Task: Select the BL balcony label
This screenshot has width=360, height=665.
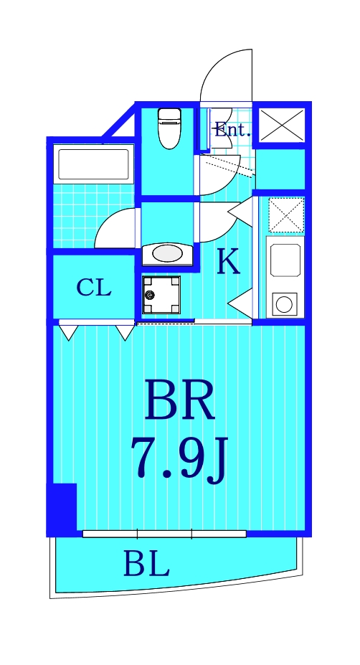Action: [x=146, y=565]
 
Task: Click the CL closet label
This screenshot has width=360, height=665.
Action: [x=94, y=288]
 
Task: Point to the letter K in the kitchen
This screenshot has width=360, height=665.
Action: [x=228, y=263]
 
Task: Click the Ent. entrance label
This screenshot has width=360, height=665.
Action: [x=232, y=131]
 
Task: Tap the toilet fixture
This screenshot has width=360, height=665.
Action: [x=169, y=127]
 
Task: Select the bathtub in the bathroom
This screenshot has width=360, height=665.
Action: [x=93, y=164]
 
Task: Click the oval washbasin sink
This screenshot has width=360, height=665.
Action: [x=167, y=253]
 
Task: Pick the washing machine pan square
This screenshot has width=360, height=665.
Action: [x=161, y=295]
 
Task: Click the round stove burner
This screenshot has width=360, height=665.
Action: [x=284, y=304]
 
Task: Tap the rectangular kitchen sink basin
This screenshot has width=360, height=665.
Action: [x=285, y=260]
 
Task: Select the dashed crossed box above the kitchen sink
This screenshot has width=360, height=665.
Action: [x=286, y=214]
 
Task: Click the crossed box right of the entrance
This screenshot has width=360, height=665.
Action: [x=281, y=125]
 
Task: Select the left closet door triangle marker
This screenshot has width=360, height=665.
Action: [x=68, y=332]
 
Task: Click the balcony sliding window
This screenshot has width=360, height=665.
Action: [x=164, y=534]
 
